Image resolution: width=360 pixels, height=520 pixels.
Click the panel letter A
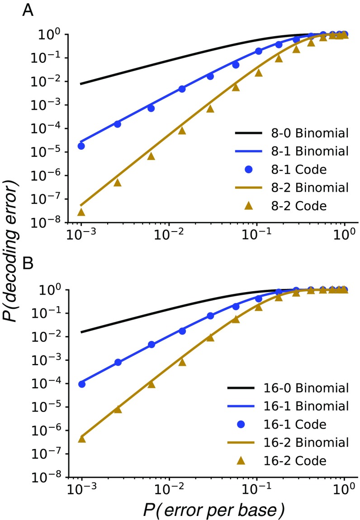(28, 10)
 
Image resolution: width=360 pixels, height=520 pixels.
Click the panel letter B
(28, 264)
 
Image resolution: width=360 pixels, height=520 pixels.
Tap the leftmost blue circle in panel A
(81, 146)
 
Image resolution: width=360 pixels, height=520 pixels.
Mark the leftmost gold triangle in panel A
(81, 212)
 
